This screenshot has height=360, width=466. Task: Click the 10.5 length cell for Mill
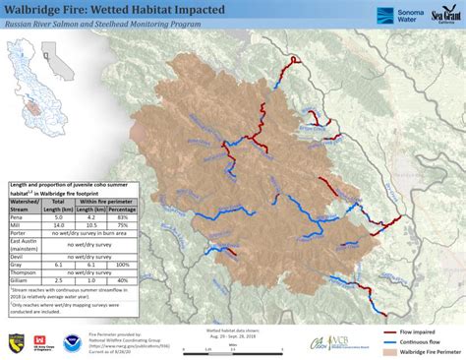91,225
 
